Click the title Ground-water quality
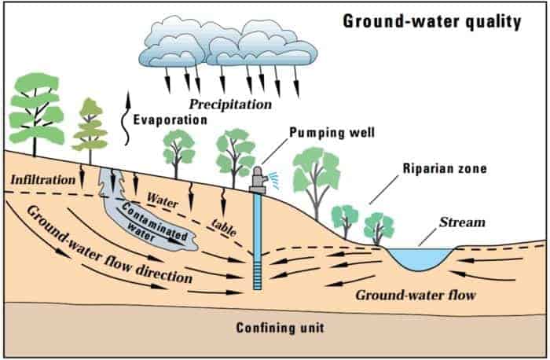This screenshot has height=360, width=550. [x=432, y=22]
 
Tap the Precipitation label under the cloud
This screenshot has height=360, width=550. [x=230, y=105]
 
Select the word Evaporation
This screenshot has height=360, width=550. [x=170, y=120]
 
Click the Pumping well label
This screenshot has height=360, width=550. [x=332, y=133]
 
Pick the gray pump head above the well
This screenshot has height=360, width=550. [x=258, y=180]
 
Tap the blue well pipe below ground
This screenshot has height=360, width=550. [x=258, y=241]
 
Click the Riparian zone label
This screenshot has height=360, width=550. [x=445, y=168]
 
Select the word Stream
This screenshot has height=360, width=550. [x=462, y=222]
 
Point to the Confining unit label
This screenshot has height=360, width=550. [x=280, y=328]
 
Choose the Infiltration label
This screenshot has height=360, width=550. [x=42, y=180]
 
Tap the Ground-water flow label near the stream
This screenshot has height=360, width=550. [x=416, y=296]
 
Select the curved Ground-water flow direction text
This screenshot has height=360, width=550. [x=108, y=245]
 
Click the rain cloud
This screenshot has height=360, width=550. [x=228, y=43]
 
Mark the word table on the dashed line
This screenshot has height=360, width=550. [x=224, y=227]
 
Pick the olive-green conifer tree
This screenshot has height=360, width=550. [x=90, y=130]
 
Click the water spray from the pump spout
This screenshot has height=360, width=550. [x=273, y=180]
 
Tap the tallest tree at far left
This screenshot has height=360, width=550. [x=35, y=112]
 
